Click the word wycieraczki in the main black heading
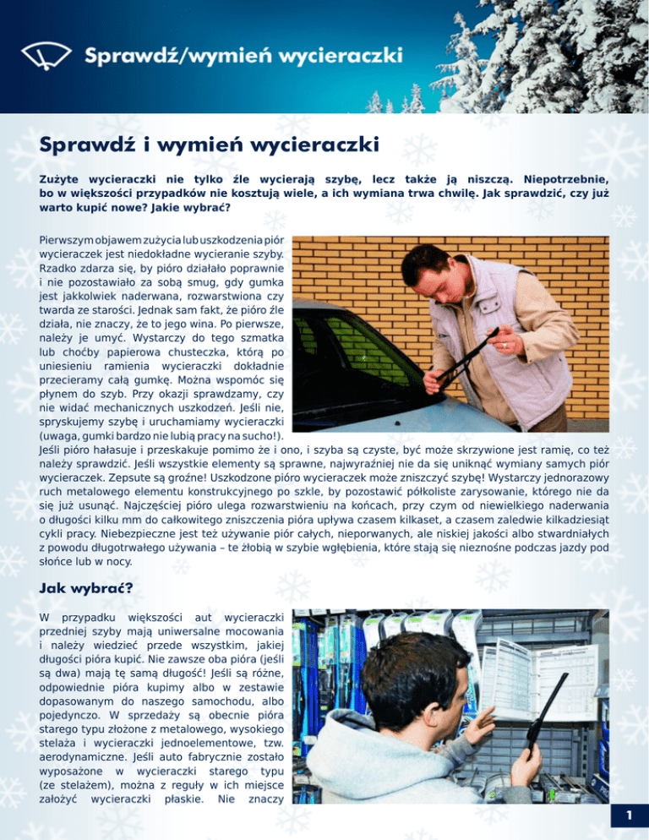318,145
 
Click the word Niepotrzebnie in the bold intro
565,179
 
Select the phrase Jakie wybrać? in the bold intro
181,210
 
